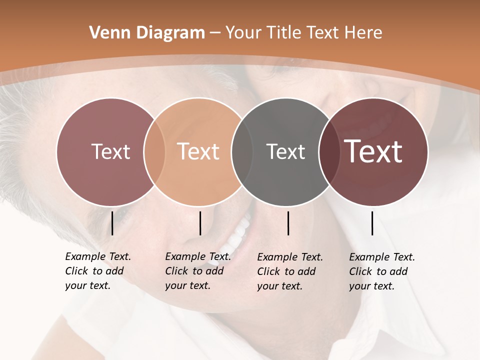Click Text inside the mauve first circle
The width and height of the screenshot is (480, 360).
point(110,151)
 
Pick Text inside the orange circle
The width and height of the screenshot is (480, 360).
point(198,151)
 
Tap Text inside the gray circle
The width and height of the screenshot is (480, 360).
point(285,151)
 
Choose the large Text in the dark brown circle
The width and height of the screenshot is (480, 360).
point(373,151)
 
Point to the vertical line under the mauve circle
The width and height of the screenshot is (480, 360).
point(112,223)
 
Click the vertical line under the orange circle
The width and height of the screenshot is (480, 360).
point(200,223)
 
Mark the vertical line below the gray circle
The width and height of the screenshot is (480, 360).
point(288,223)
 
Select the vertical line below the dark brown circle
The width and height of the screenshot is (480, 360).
point(372,223)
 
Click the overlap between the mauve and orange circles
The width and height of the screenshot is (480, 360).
point(154,151)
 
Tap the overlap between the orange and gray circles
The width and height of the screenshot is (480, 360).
point(242,151)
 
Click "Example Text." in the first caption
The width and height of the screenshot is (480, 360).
point(98,256)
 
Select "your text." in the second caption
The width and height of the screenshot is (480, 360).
point(187,285)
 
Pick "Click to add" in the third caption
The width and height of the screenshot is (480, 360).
point(286,271)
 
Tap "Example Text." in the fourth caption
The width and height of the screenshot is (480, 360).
point(382,257)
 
